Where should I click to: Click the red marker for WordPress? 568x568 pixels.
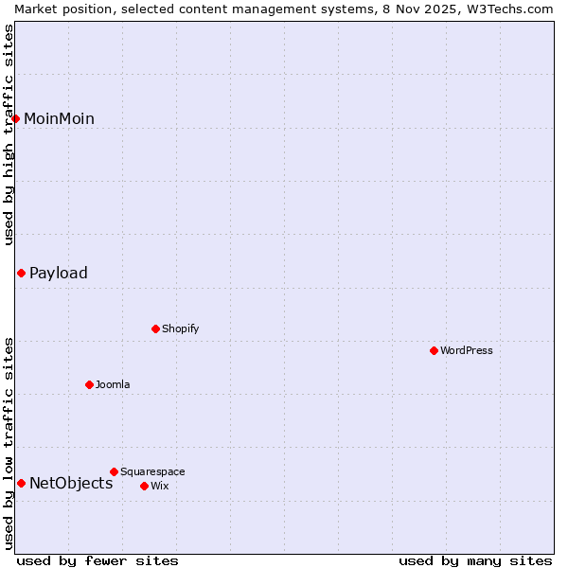point(434,350)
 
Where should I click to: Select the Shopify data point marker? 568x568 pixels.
point(156,328)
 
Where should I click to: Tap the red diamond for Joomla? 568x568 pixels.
point(89,384)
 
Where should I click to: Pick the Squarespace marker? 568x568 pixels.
point(114,471)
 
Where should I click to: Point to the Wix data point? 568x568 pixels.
point(144,486)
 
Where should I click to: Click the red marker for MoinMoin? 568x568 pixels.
point(16,118)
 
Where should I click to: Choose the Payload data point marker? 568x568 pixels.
point(21,273)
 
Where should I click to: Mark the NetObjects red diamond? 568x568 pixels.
point(21,483)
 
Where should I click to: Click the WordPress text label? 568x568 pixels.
point(467,350)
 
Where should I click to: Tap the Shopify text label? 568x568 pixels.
point(180,328)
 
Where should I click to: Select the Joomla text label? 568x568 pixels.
point(113,384)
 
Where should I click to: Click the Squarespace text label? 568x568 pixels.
point(152,471)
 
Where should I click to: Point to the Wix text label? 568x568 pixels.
point(160,486)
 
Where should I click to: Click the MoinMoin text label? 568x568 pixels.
point(59,118)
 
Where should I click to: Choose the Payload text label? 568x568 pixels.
point(59,273)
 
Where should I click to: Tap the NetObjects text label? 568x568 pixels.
point(71,483)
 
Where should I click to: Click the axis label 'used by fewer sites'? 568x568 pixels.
point(98,560)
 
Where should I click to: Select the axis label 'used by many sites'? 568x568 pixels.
point(475,560)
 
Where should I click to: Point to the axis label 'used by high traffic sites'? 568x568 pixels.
point(9,134)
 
